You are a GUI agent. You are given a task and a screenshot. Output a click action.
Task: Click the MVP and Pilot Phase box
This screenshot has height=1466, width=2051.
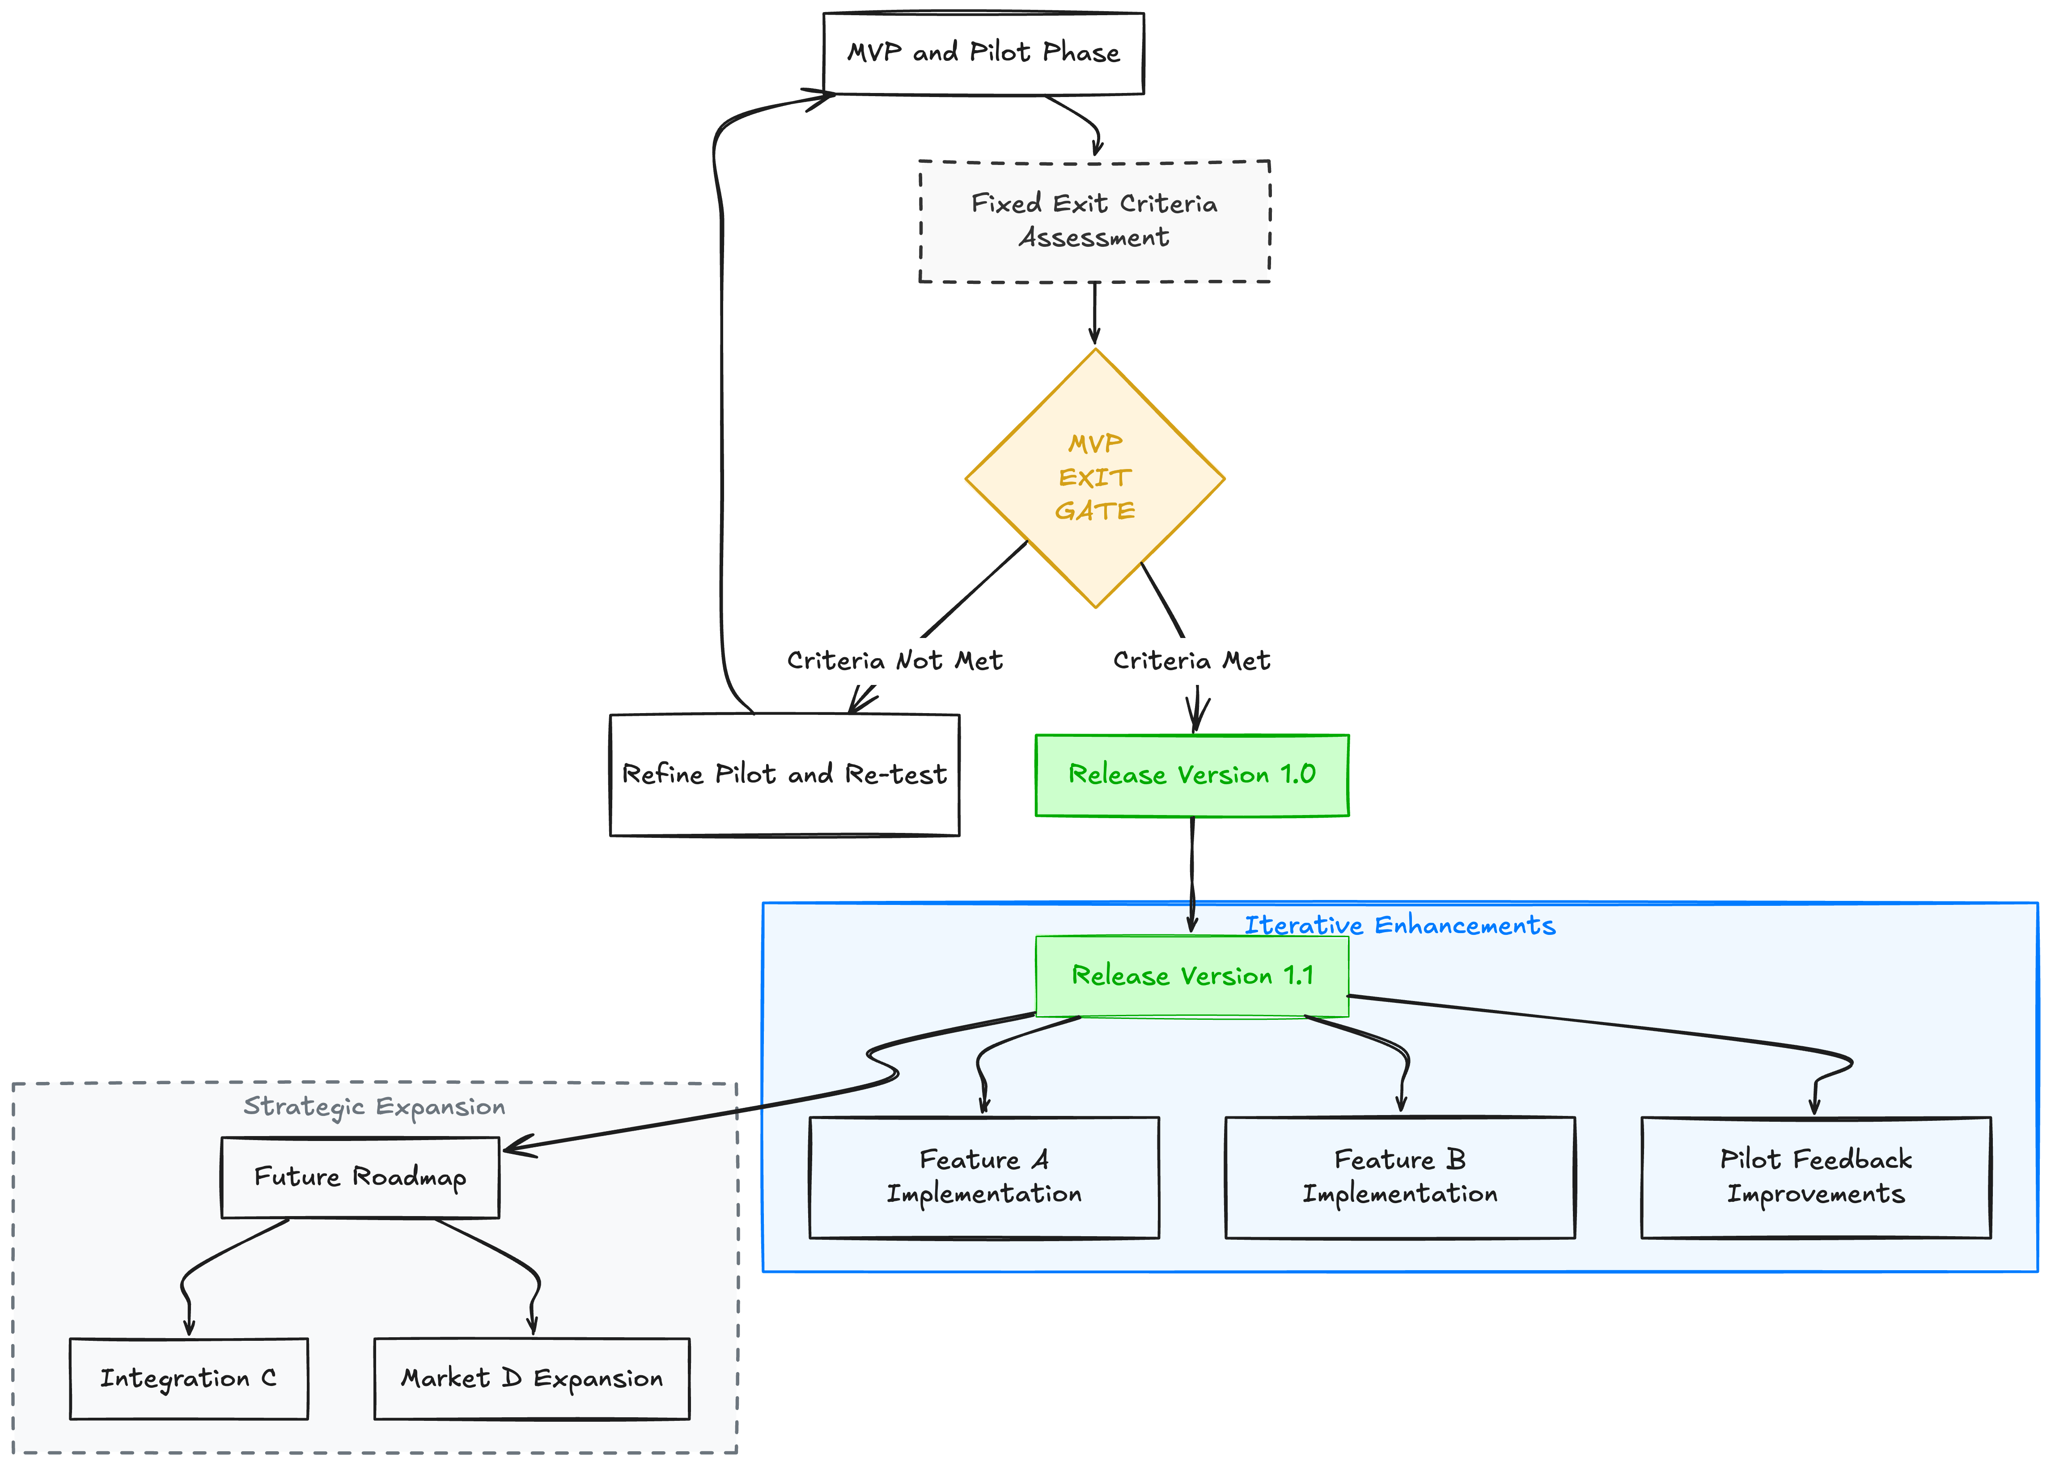point(983,53)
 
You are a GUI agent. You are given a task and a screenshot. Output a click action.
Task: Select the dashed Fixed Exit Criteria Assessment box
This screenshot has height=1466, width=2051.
point(1094,221)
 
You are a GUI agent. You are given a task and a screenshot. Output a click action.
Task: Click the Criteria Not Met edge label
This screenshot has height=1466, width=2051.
point(894,661)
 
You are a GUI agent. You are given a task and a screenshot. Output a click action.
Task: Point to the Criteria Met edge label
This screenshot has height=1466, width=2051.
point(1191,661)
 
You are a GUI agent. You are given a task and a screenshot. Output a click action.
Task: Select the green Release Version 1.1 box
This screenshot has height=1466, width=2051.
point(1191,976)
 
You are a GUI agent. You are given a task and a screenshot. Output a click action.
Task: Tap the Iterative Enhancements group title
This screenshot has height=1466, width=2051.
point(1400,925)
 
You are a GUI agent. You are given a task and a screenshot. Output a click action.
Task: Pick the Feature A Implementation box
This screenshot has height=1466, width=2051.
point(984,1177)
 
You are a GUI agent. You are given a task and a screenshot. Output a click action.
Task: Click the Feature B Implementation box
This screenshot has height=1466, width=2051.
point(1400,1177)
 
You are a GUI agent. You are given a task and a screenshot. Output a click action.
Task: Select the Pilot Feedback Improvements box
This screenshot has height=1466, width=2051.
point(1815,1177)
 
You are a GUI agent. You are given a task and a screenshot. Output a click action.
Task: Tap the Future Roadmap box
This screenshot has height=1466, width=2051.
point(360,1177)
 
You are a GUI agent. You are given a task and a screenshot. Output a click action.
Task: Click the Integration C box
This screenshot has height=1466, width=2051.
point(189,1378)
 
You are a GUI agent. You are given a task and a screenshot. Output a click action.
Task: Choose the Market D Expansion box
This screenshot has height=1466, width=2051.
point(532,1378)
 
